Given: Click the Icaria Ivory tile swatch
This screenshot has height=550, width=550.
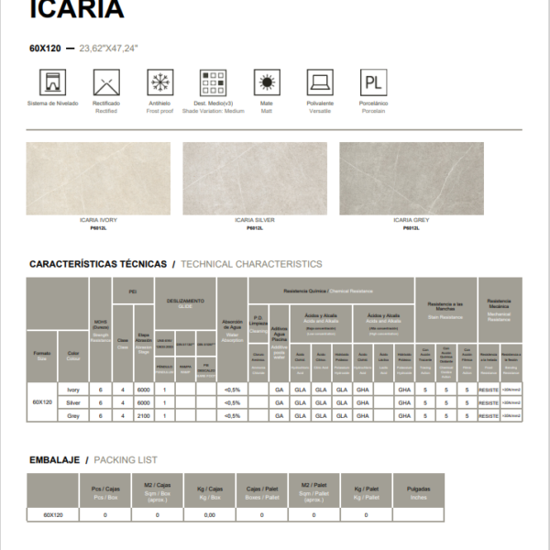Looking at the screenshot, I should (x=98, y=179).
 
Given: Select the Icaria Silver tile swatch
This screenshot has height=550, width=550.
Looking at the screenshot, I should (x=255, y=179).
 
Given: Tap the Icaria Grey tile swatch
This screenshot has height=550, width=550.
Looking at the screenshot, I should (x=412, y=179).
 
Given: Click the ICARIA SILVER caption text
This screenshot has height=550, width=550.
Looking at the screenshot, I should (x=255, y=221).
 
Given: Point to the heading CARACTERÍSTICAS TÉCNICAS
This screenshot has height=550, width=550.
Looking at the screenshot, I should (x=99, y=264).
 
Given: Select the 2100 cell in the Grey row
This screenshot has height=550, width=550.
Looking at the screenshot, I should (x=143, y=415).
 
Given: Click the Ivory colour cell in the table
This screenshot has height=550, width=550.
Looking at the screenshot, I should (x=73, y=390).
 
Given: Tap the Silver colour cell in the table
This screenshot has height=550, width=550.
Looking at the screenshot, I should (x=73, y=402).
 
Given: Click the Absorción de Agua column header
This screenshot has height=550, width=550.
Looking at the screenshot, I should (x=232, y=330).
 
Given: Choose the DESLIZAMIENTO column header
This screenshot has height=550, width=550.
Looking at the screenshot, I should (x=185, y=302).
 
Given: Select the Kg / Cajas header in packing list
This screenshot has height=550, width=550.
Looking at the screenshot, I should (x=209, y=492).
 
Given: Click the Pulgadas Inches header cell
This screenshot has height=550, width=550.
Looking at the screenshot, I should (x=418, y=492).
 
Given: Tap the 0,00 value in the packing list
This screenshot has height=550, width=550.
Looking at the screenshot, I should (x=209, y=515).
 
